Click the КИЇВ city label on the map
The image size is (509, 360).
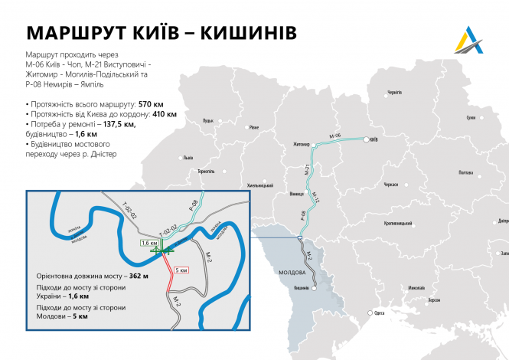(x=374, y=141)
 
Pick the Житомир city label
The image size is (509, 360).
(x=300, y=143)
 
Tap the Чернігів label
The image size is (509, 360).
(x=394, y=92)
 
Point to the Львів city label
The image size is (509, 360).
(x=188, y=158)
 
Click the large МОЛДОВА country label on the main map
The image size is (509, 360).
(x=293, y=273)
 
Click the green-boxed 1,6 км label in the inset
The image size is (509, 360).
(x=148, y=242)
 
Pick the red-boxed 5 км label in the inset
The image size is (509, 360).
(x=181, y=270)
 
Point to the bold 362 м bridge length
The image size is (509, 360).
(x=139, y=275)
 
